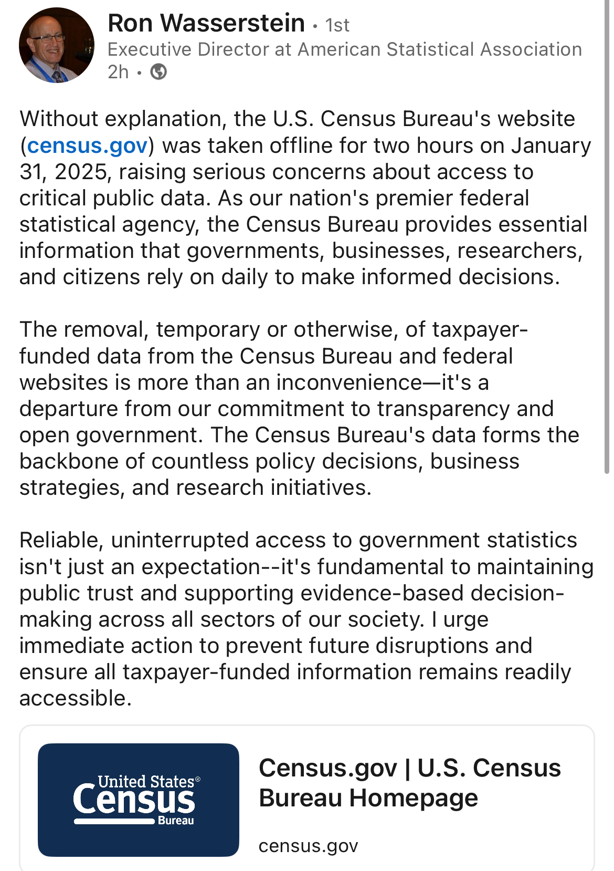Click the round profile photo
click(57, 45)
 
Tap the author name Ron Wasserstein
click(206, 23)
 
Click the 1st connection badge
click(337, 25)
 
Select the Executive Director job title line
click(344, 49)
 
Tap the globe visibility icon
click(158, 71)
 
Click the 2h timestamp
click(118, 71)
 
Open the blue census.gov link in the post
click(87, 146)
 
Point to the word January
click(551, 146)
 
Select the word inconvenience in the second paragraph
click(349, 383)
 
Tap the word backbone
click(69, 462)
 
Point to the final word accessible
click(75, 699)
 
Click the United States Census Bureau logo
click(139, 800)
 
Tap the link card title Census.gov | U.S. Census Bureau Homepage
click(409, 783)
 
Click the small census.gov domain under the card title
click(308, 846)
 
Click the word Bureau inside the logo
click(176, 821)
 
